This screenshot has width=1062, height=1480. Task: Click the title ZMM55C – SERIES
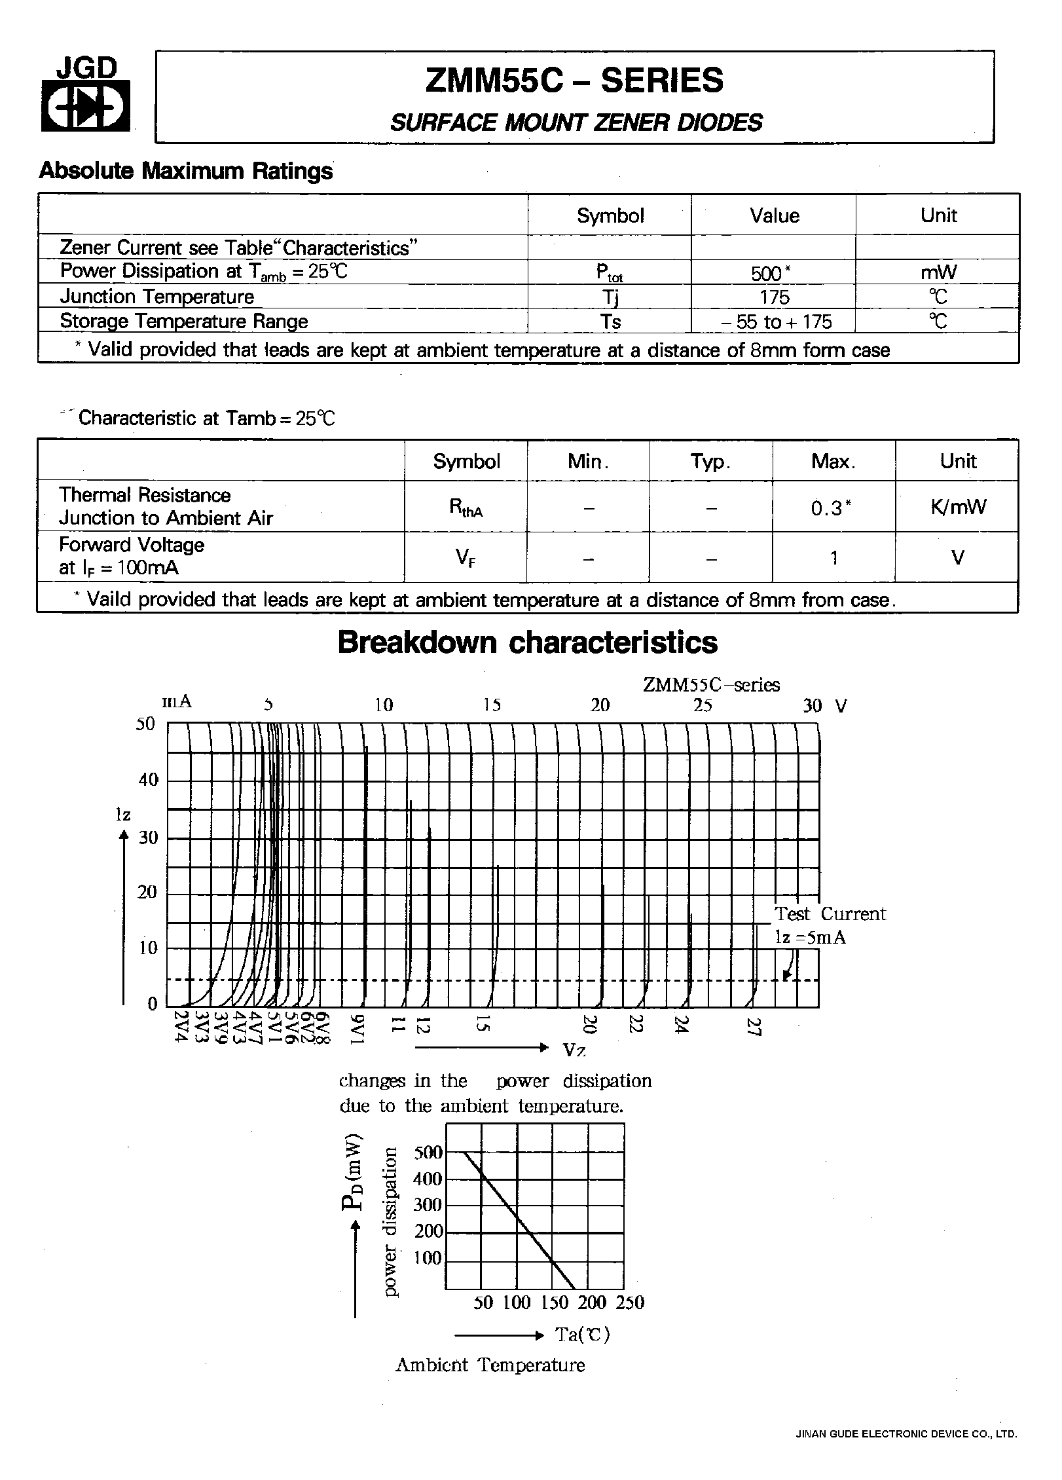[x=574, y=81]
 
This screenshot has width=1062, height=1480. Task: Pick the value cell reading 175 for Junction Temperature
[x=774, y=297]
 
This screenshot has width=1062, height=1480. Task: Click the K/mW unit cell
[x=958, y=507]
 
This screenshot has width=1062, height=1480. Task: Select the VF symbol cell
[x=466, y=558]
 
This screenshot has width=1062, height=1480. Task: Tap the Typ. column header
[x=710, y=462]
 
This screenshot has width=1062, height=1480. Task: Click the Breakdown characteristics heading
[x=527, y=642]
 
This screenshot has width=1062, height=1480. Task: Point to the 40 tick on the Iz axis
[x=148, y=779]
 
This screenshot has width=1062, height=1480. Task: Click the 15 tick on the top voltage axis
[x=492, y=705]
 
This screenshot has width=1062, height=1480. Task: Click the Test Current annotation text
[x=830, y=914]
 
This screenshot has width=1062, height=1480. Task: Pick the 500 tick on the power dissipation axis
[x=428, y=1153]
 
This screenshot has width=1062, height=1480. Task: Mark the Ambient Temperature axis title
[x=490, y=1365]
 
